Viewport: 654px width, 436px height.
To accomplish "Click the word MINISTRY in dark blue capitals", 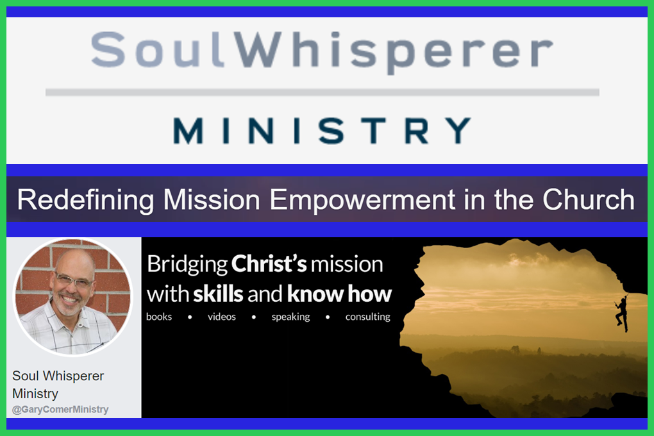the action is coord(322,131).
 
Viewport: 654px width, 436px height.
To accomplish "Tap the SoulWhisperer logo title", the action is coord(322,52).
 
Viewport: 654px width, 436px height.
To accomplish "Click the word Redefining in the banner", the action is coord(86,200).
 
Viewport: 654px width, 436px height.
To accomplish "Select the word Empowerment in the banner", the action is coord(362,200).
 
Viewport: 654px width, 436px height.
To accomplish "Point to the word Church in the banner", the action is coord(589,199).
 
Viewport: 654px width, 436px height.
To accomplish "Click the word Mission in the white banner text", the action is coord(212,199).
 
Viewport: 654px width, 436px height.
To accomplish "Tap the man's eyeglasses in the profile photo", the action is coord(73,280).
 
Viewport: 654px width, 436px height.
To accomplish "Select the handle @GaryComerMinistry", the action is coord(60,410).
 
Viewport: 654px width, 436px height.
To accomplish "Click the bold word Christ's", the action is coord(269,264).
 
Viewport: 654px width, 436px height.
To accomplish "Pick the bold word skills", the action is coord(218,294).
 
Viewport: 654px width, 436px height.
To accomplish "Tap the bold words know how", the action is coord(340,294).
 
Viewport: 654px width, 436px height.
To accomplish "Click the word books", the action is coord(159,317).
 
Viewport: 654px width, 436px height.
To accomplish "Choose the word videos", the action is coord(221,317).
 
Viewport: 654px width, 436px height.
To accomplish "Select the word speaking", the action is coord(290,317).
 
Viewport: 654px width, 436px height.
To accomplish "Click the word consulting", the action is coord(368,317).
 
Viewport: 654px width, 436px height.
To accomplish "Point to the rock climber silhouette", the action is coord(622,313).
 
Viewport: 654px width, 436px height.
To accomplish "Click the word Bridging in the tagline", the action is coord(187,265).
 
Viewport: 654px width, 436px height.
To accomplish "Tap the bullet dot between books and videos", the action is coord(190,317).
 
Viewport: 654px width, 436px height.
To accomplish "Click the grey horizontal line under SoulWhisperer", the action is coord(323,92).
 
